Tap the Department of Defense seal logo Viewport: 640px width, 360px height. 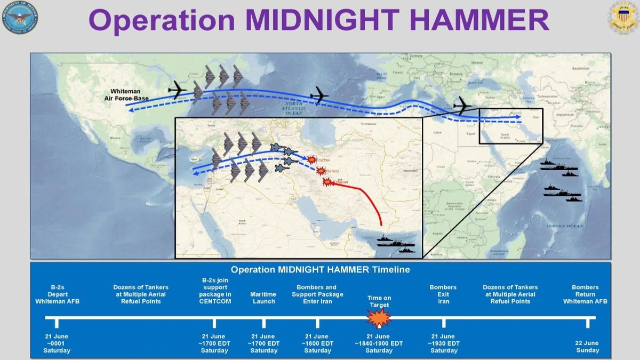pos(19,18)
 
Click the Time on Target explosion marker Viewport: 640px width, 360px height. pos(379,318)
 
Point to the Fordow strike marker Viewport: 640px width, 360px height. pos(311,159)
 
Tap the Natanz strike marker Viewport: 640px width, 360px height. pos(321,171)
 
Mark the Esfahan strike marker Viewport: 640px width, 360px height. pos(327,182)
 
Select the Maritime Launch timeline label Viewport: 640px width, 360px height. pos(263,298)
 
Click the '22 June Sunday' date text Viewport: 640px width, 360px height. pos(587,347)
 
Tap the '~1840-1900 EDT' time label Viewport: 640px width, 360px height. pos(379,343)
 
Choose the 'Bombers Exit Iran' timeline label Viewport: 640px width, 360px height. pos(443,294)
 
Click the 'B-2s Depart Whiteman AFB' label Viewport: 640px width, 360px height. pos(57,294)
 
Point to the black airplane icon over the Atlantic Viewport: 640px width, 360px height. pos(319,95)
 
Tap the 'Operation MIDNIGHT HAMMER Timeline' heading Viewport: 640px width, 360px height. pos(320,270)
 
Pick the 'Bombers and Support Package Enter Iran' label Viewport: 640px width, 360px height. pos(317,294)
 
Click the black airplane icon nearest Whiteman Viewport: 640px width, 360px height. pos(177,90)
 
